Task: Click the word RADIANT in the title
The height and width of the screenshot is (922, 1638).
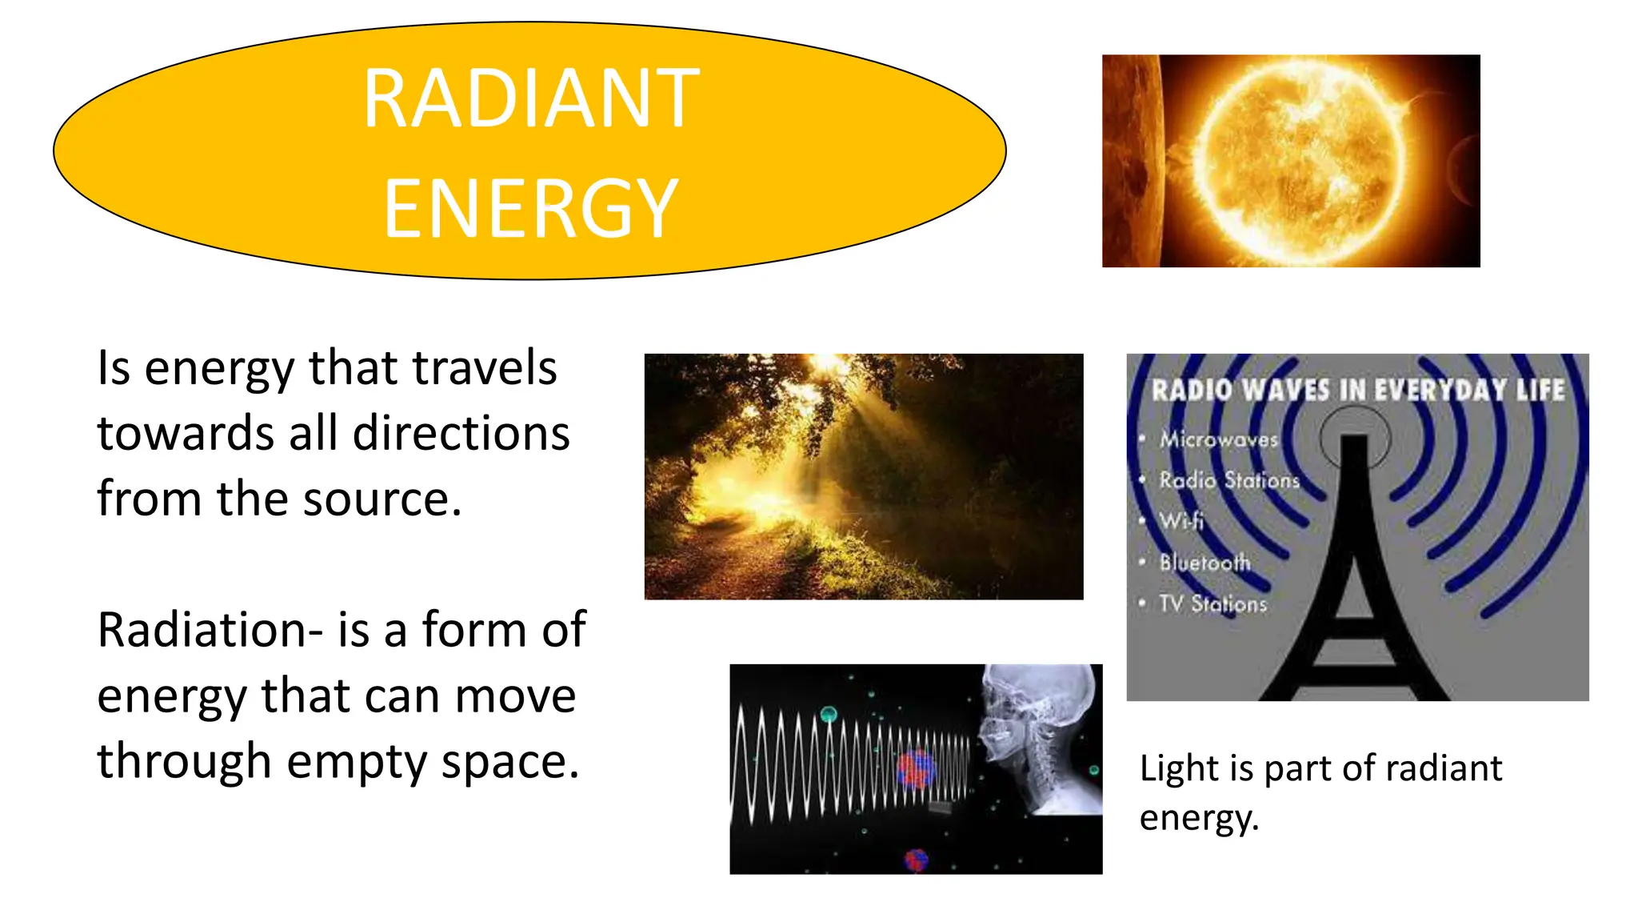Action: [531, 98]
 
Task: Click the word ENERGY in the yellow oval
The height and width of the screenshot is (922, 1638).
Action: [531, 209]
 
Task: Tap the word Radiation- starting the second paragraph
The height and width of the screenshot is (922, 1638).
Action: [210, 630]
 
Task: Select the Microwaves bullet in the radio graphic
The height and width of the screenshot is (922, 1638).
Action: [1219, 439]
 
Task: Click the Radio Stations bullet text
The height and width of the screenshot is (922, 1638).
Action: [1229, 480]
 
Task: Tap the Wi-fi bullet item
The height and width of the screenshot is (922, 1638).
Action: [1181, 521]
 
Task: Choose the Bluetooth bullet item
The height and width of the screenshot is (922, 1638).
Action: [1205, 562]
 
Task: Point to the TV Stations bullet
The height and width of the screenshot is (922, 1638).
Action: [1213, 603]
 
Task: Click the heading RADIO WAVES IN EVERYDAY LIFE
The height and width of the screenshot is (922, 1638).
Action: [1357, 391]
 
